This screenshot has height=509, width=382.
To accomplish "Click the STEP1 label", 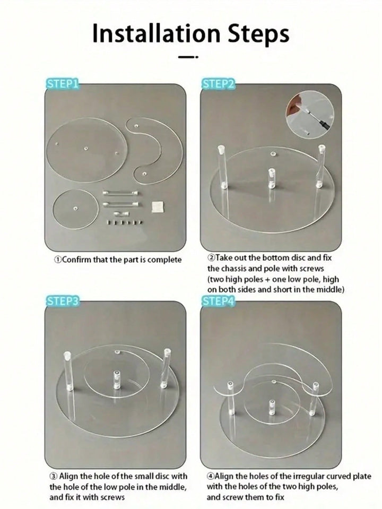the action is coord(62,83).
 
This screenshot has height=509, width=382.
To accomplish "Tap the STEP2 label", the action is coord(218,83).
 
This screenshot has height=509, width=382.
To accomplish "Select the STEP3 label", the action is coord(62,301).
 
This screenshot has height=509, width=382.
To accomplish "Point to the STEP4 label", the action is coord(218,301).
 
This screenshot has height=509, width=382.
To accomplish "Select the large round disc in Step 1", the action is coord(86,150).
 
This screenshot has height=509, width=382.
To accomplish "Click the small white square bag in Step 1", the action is coord(158,207).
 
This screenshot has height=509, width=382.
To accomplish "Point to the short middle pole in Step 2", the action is coord(271,178).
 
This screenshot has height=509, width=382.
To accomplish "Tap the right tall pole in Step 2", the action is coord(320,166).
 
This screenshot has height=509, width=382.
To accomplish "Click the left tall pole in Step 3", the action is coord(68,370).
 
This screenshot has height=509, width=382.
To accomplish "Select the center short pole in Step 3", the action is coord(117,379).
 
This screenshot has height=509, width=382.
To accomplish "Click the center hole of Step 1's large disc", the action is coord(85,149).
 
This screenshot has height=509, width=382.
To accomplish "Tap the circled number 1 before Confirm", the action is coord(58,260).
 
